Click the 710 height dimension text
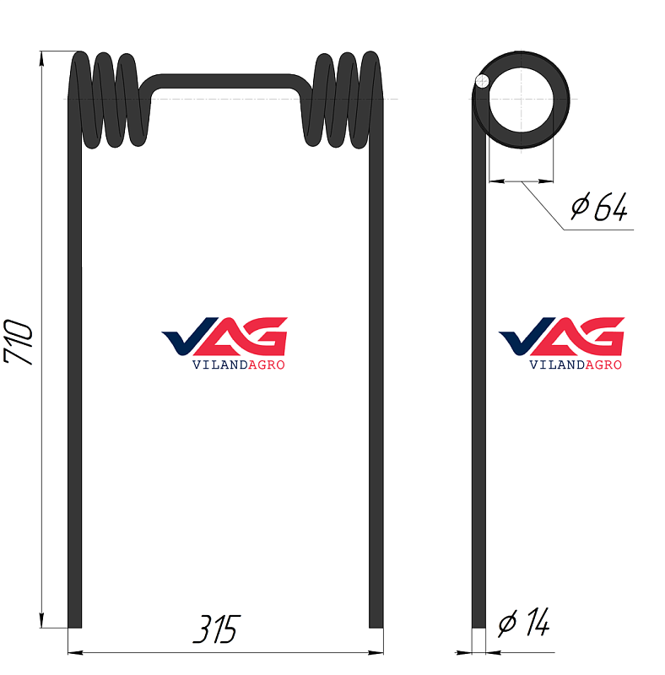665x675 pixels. [x=18, y=343]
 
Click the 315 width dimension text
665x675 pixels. [x=217, y=629]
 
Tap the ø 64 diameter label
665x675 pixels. [x=599, y=207]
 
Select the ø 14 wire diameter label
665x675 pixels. [x=524, y=622]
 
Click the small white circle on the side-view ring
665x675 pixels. [x=482, y=81]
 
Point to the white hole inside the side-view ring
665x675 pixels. [x=522, y=100]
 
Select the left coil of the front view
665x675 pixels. [x=108, y=100]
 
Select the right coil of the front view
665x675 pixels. [x=342, y=100]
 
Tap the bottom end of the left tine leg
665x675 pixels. [x=74, y=626]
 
